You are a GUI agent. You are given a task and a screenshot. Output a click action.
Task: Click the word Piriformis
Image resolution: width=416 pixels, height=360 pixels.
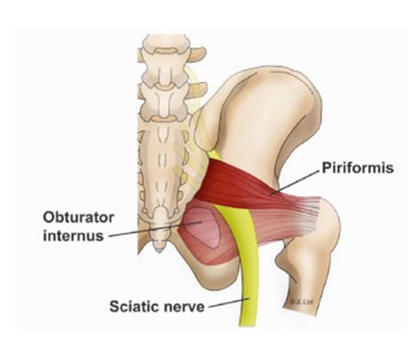point(358,168)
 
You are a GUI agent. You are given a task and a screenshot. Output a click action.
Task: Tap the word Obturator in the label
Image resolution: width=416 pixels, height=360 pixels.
point(78,217)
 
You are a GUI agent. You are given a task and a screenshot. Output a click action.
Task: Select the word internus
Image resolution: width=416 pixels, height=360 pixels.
point(73,236)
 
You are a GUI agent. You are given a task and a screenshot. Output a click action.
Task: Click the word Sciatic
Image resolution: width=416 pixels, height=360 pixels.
point(133,306)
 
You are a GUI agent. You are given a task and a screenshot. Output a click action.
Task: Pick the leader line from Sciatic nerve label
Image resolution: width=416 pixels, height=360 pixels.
point(229,303)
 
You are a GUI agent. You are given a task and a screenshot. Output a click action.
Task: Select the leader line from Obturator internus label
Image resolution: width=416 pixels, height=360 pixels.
point(155,229)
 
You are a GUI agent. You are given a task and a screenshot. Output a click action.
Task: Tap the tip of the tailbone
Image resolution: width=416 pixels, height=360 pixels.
point(159,251)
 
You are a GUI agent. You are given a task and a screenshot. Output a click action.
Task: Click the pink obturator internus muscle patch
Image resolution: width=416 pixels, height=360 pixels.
point(202,227)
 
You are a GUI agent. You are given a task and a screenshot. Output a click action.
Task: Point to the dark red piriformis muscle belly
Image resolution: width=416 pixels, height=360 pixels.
point(234,181)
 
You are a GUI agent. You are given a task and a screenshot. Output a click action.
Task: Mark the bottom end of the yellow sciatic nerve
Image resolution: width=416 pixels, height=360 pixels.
point(243,325)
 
